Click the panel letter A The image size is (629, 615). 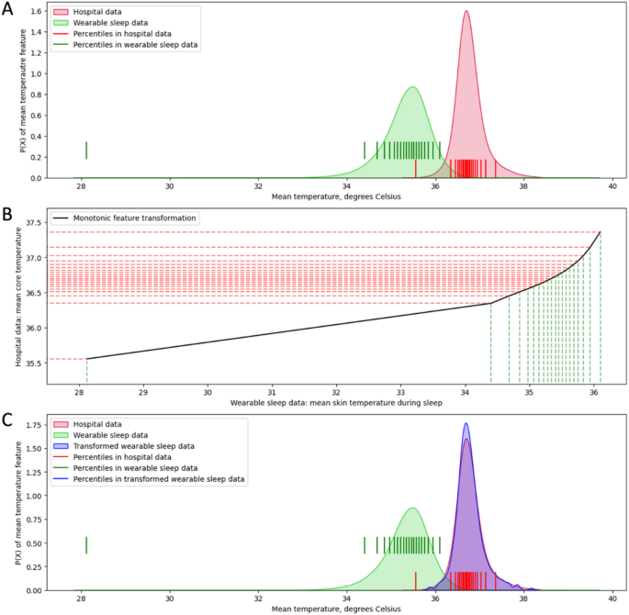6,8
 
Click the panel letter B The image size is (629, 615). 6,216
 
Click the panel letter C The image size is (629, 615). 6,420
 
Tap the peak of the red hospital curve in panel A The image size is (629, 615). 466,12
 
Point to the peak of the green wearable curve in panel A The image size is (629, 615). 412,87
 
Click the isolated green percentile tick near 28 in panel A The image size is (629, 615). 86,150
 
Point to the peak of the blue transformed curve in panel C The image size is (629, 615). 466,424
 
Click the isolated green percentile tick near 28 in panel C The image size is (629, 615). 86,545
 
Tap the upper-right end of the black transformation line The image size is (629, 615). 601,232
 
